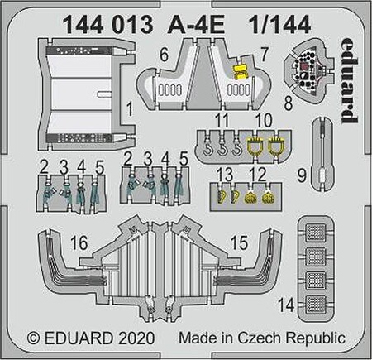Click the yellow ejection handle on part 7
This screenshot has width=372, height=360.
pyautogui.click(x=241, y=72)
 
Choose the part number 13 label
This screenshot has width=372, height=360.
pyautogui.click(x=223, y=172)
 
